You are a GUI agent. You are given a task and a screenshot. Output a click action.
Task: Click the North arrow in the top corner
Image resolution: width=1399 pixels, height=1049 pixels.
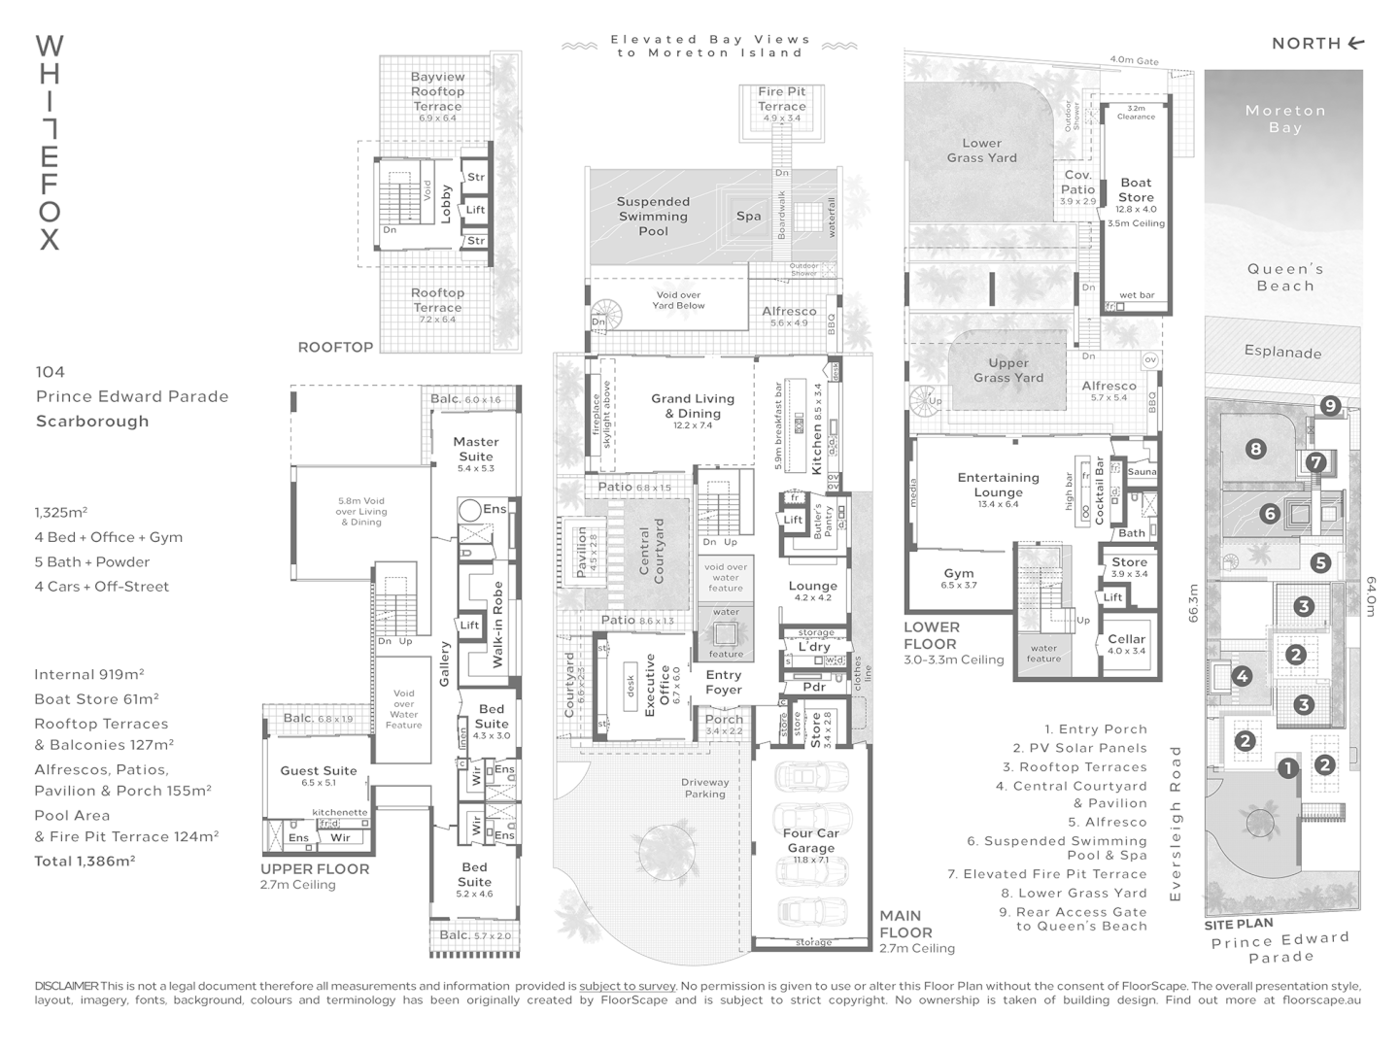pos(1356,43)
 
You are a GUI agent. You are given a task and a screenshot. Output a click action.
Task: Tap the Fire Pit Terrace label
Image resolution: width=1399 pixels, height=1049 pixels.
pos(782,98)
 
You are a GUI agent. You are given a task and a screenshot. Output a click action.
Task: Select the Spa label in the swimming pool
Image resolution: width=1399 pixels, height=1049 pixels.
pos(748,216)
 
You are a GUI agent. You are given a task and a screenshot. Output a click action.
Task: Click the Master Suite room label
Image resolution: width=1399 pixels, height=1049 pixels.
pos(476,449)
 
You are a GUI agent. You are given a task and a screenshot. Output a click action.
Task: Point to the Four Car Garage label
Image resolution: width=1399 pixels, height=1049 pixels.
pos(810,840)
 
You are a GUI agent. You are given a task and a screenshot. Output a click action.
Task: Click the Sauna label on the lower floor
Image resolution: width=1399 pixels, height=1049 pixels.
pos(1143,472)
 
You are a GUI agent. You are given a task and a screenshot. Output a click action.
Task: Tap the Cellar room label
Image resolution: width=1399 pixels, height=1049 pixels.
pos(1127,639)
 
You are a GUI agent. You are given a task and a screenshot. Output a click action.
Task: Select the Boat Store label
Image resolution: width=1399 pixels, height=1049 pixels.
pos(1136,189)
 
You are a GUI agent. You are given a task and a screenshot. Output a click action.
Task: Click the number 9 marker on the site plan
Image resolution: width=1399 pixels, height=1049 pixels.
pos(1330,406)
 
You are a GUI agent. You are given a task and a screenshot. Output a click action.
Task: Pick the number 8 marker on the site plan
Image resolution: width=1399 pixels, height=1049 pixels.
pos(1256,449)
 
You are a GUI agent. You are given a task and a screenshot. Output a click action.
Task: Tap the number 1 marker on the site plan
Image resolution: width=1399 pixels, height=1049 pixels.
pos(1287,768)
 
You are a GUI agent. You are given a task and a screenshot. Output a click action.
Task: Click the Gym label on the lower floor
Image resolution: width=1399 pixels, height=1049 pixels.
pos(958,573)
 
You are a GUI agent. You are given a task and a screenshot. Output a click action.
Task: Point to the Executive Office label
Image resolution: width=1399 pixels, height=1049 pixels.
pos(658,685)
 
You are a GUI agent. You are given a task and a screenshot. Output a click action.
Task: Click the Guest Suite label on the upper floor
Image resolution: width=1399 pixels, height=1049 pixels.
pos(319,770)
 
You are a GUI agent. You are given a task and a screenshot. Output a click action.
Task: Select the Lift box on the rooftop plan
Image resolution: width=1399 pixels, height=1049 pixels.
pos(475,210)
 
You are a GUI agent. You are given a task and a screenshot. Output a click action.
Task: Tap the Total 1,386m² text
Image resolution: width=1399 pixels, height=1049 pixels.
pos(85,861)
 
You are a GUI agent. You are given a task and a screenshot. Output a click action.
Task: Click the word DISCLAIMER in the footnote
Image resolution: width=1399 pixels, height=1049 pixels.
pos(66,986)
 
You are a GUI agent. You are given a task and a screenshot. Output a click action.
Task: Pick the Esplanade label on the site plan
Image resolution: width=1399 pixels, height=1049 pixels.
pos(1282,352)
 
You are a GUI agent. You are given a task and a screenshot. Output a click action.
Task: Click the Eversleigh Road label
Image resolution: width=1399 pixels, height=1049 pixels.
pos(1176,824)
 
